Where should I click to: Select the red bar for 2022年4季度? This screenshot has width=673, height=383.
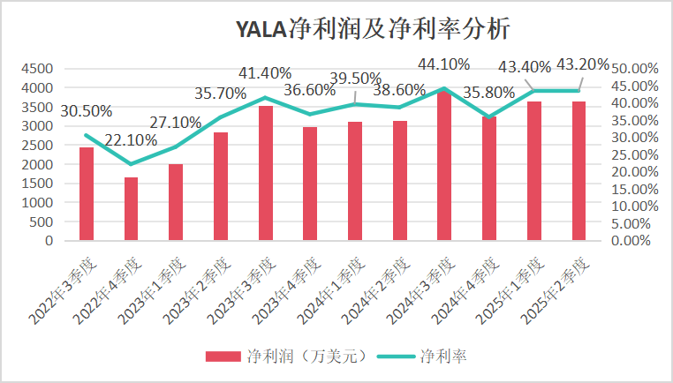coord(131,208)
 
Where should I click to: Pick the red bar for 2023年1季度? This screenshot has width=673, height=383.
coord(176,202)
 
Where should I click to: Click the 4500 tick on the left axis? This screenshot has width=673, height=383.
coord(38,69)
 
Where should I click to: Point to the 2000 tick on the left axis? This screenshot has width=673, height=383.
coord(38,164)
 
